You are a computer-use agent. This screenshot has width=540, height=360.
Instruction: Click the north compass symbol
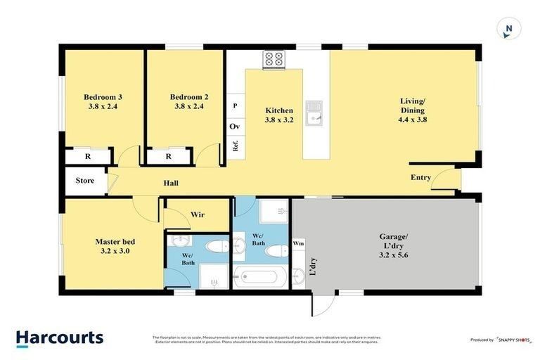point(508,29)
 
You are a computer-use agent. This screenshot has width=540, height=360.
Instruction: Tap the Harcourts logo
point(60,337)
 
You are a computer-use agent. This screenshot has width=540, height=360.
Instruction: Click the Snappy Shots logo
point(510,340)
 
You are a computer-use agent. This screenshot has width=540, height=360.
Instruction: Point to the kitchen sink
point(318,112)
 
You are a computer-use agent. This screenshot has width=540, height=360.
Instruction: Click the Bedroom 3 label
point(103,102)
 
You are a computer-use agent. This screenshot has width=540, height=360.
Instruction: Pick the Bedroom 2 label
point(189,102)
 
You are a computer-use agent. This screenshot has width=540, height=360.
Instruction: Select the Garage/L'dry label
point(392,250)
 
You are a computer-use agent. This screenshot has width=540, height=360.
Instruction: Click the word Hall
point(171,184)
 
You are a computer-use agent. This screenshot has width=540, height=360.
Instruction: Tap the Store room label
point(85,181)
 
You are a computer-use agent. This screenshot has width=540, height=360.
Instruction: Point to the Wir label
point(198,214)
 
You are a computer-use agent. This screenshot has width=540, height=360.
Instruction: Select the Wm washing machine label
point(299,244)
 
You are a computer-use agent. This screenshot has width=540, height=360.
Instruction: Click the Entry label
point(420,178)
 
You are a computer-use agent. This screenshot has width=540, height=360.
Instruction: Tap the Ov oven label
point(235,127)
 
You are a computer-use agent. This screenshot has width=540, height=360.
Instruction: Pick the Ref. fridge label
point(236,147)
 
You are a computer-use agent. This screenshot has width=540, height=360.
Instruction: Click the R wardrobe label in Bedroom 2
point(169,157)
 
